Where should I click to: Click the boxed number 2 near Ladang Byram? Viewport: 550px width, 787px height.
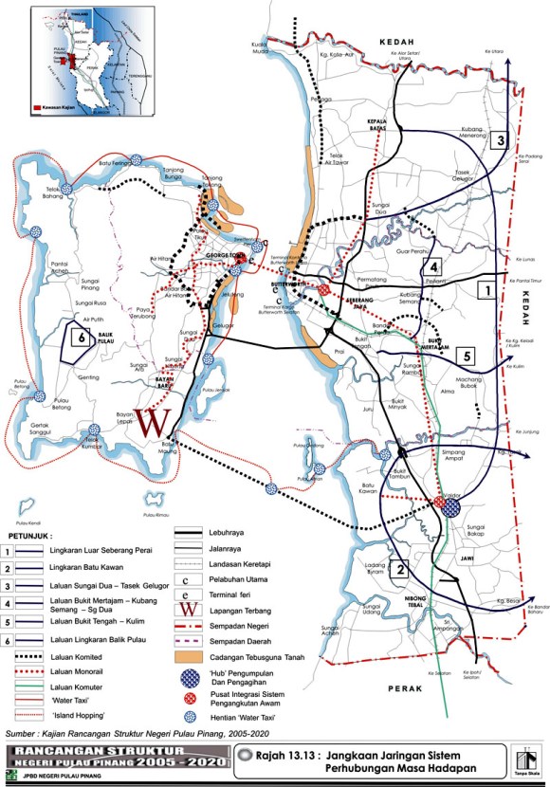coord(402,570)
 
